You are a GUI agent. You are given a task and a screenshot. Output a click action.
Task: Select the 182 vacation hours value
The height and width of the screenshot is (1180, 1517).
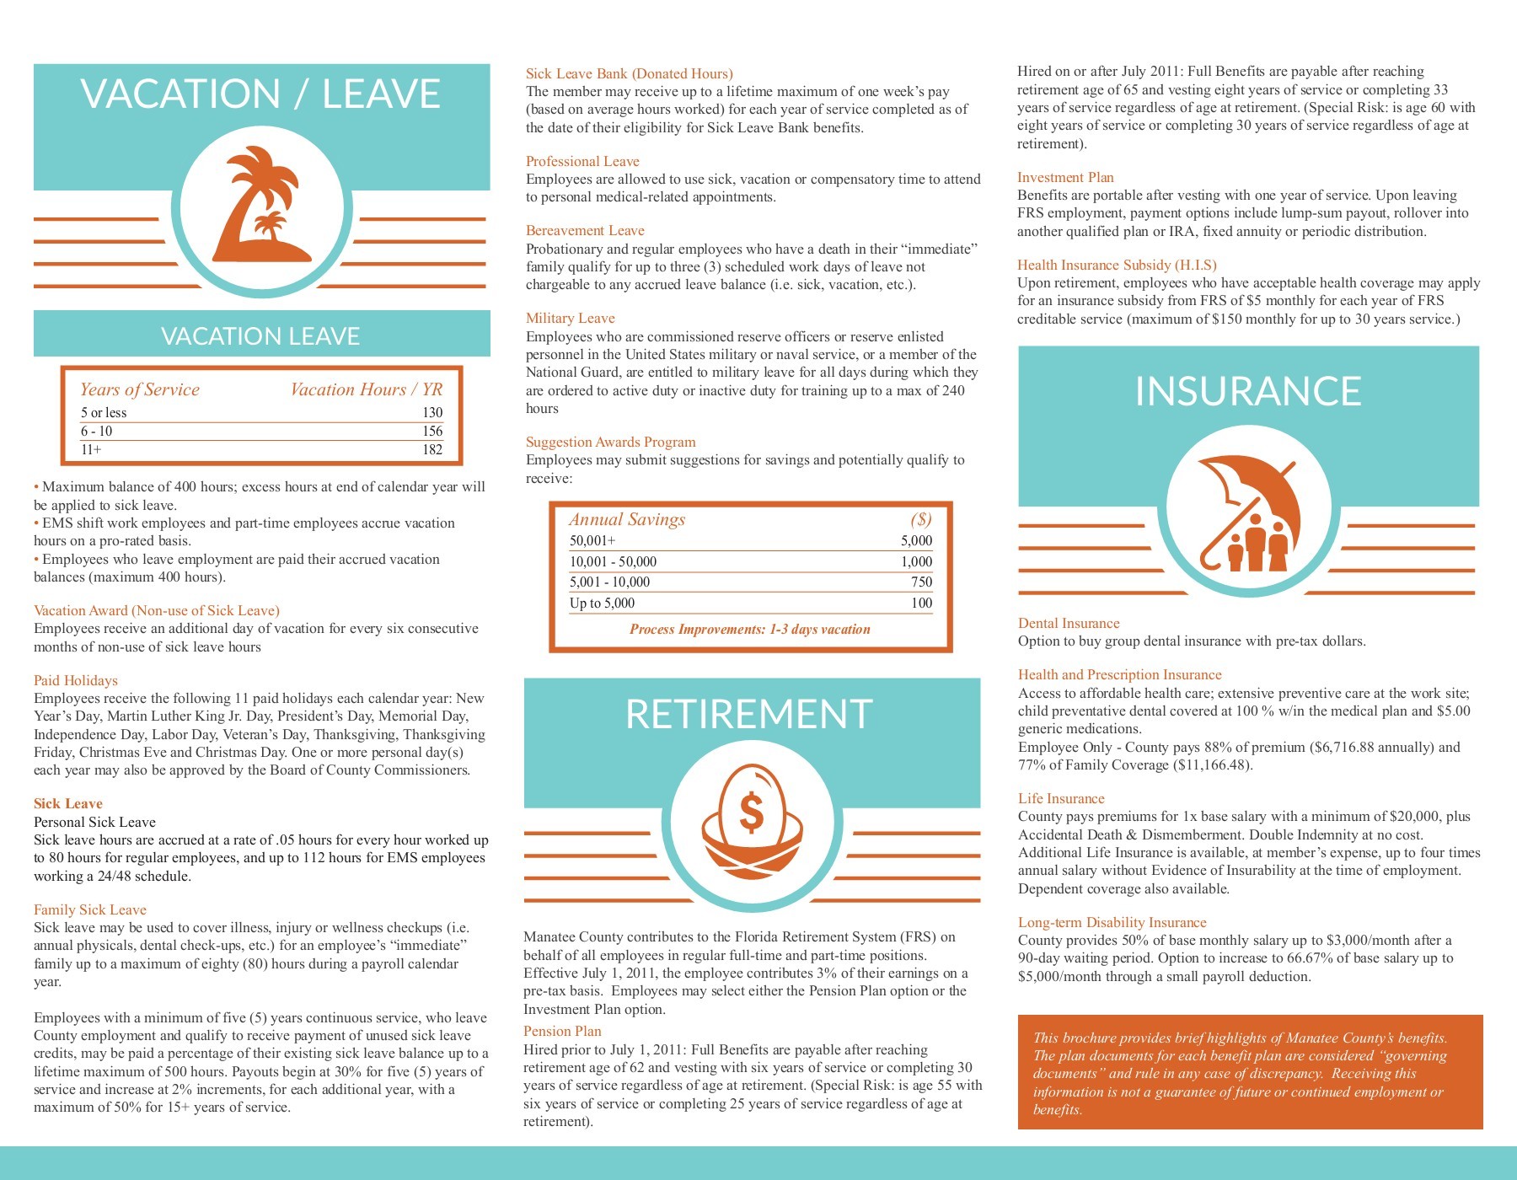(432, 450)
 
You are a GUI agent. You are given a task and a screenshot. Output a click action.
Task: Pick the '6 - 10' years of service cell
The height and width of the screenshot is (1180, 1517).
(96, 432)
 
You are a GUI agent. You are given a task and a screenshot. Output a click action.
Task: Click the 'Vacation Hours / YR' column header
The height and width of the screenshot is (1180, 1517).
(366, 389)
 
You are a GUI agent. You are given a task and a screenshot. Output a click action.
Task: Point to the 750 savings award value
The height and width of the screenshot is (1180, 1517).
(921, 582)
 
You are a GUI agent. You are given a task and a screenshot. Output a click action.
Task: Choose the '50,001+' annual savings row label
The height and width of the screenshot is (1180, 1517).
(592, 541)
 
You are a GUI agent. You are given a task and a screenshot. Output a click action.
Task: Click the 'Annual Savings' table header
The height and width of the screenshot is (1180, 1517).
(626, 520)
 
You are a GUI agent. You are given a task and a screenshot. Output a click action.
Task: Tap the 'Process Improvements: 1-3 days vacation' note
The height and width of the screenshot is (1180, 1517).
(749, 630)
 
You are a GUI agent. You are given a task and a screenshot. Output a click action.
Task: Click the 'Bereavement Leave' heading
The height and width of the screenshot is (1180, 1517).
(585, 231)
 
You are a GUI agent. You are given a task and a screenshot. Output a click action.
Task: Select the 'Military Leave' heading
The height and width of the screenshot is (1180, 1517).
(571, 319)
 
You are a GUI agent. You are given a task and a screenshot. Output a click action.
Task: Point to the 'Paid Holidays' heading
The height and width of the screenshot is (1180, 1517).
(76, 681)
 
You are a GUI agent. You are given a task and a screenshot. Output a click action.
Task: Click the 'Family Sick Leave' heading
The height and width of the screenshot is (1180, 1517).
(90, 910)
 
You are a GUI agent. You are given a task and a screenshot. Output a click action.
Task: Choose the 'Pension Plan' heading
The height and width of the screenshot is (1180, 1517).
(562, 1032)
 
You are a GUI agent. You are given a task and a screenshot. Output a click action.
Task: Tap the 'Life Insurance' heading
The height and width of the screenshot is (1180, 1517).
(1061, 799)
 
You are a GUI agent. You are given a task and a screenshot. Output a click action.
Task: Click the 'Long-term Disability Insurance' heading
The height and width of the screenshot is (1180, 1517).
(1112, 923)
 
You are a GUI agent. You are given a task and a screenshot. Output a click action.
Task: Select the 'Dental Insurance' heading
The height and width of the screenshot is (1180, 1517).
(1069, 624)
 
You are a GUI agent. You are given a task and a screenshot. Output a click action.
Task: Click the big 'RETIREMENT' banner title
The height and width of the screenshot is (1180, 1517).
(749, 715)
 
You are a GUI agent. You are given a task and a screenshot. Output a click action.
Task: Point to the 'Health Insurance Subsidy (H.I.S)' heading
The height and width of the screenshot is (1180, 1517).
(1117, 265)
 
